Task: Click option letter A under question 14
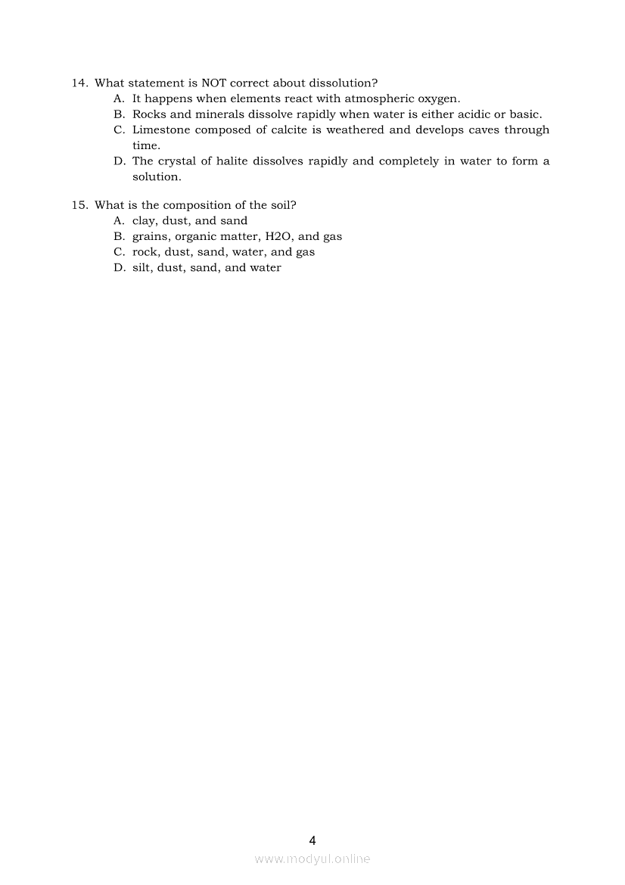coord(119,98)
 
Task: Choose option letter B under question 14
coord(119,114)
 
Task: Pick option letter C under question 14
coord(119,130)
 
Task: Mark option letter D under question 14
coord(119,161)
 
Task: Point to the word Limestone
coord(161,130)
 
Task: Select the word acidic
coord(469,114)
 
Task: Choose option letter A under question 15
coord(119,221)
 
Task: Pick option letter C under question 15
coord(119,252)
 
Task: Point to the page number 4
coord(312,840)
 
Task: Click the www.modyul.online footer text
coord(312,859)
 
